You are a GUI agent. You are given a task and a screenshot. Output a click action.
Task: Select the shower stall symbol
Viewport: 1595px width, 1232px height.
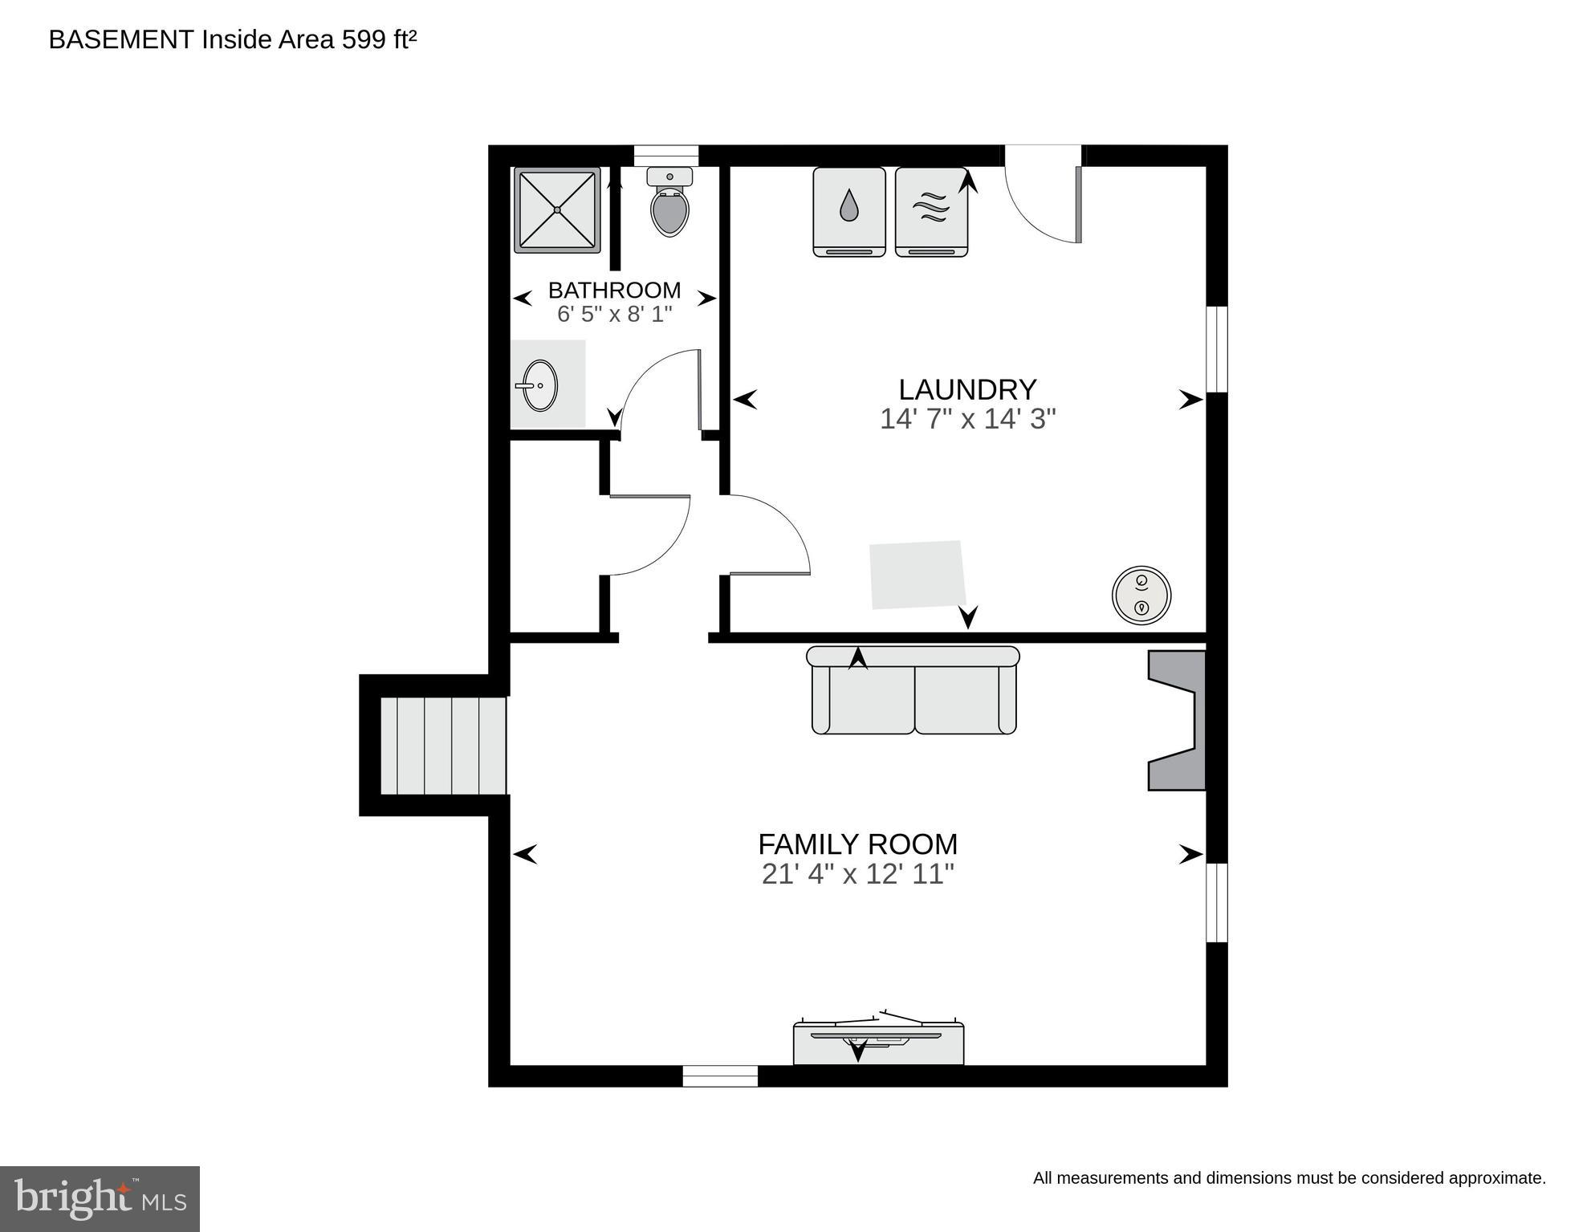point(557,210)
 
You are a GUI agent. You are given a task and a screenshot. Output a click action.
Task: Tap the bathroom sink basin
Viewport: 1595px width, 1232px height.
point(541,386)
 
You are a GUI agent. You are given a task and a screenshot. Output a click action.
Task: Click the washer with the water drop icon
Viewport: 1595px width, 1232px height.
point(848,211)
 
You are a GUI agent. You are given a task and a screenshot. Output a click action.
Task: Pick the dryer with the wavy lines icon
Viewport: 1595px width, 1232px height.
point(930,211)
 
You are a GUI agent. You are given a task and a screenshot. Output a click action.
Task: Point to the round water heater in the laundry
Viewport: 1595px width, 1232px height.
point(1141,596)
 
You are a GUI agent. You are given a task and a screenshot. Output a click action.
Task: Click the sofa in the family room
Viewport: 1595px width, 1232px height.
point(913,692)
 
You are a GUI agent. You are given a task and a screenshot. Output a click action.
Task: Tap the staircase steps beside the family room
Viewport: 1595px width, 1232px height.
point(442,746)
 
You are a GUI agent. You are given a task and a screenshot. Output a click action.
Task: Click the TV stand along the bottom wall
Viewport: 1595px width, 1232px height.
point(878,1043)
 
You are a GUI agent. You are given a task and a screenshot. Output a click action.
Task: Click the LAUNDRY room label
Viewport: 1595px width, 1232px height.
point(966,390)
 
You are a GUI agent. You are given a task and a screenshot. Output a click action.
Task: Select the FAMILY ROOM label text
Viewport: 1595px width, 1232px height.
point(857,844)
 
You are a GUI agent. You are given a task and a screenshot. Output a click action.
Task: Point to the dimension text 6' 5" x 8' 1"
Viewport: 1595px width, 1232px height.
point(614,314)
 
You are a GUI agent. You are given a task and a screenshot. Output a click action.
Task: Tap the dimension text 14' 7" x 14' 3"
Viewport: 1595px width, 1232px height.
point(966,419)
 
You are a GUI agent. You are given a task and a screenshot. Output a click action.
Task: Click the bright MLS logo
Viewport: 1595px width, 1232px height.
point(100,1198)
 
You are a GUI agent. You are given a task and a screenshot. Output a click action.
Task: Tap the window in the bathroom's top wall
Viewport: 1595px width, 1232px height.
point(665,156)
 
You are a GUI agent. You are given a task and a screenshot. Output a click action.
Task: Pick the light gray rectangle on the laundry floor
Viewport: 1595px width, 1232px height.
point(918,574)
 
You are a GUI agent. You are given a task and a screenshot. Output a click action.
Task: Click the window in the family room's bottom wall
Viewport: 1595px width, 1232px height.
point(720,1075)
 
